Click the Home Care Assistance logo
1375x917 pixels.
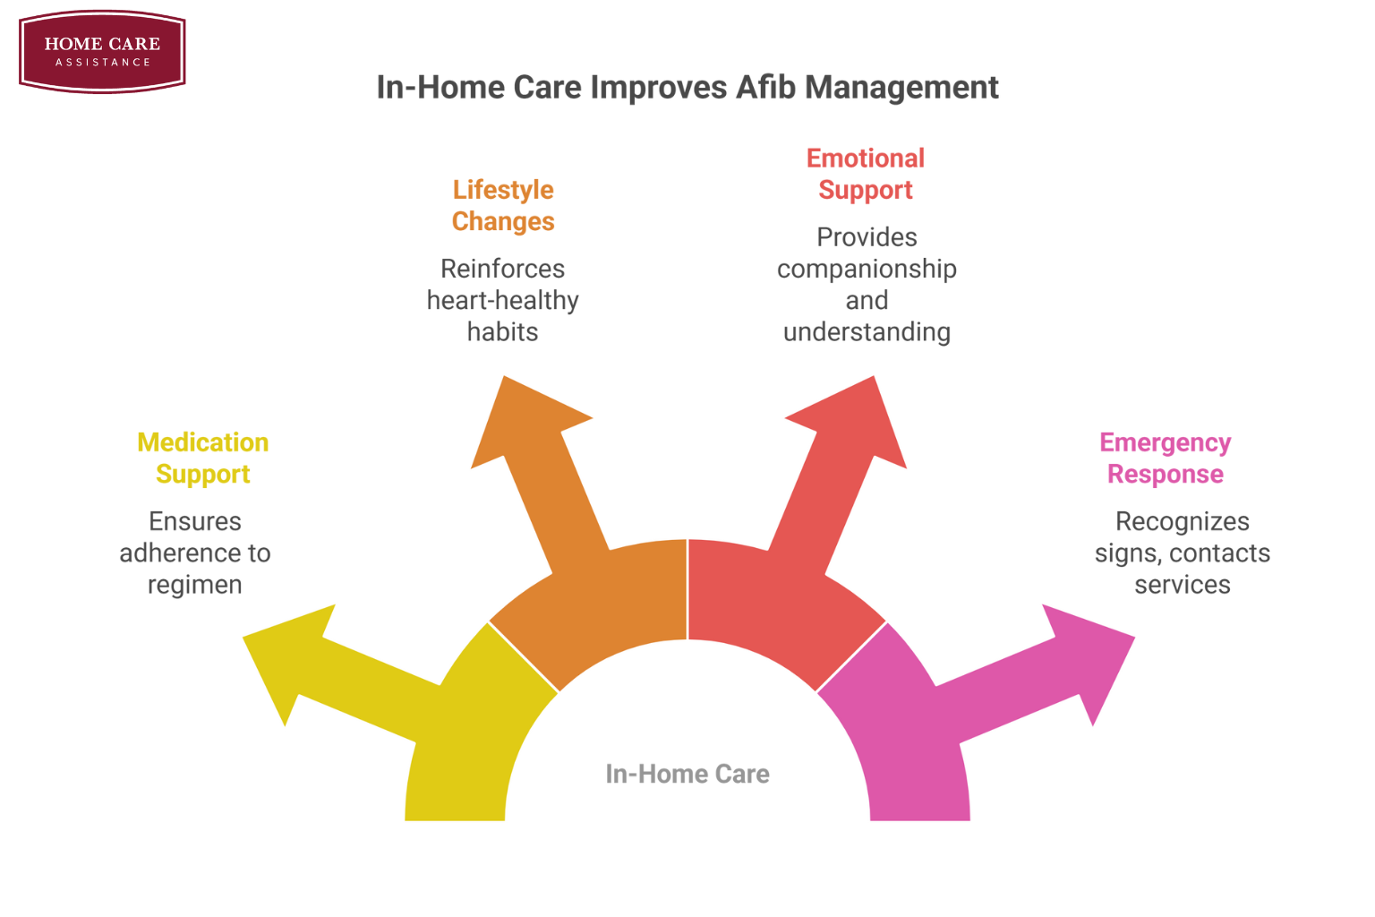102,51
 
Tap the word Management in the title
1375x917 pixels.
901,88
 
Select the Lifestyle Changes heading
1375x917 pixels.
503,205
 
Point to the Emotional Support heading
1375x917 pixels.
865,174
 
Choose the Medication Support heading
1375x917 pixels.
202,458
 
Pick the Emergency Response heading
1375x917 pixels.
1165,458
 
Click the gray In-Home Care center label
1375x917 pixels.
687,774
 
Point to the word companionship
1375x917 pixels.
867,269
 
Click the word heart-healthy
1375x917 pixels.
503,300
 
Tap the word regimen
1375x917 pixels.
195,585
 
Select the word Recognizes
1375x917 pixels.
1182,521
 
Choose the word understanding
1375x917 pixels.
867,332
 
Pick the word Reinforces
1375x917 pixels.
503,269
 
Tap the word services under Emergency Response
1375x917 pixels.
1182,585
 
